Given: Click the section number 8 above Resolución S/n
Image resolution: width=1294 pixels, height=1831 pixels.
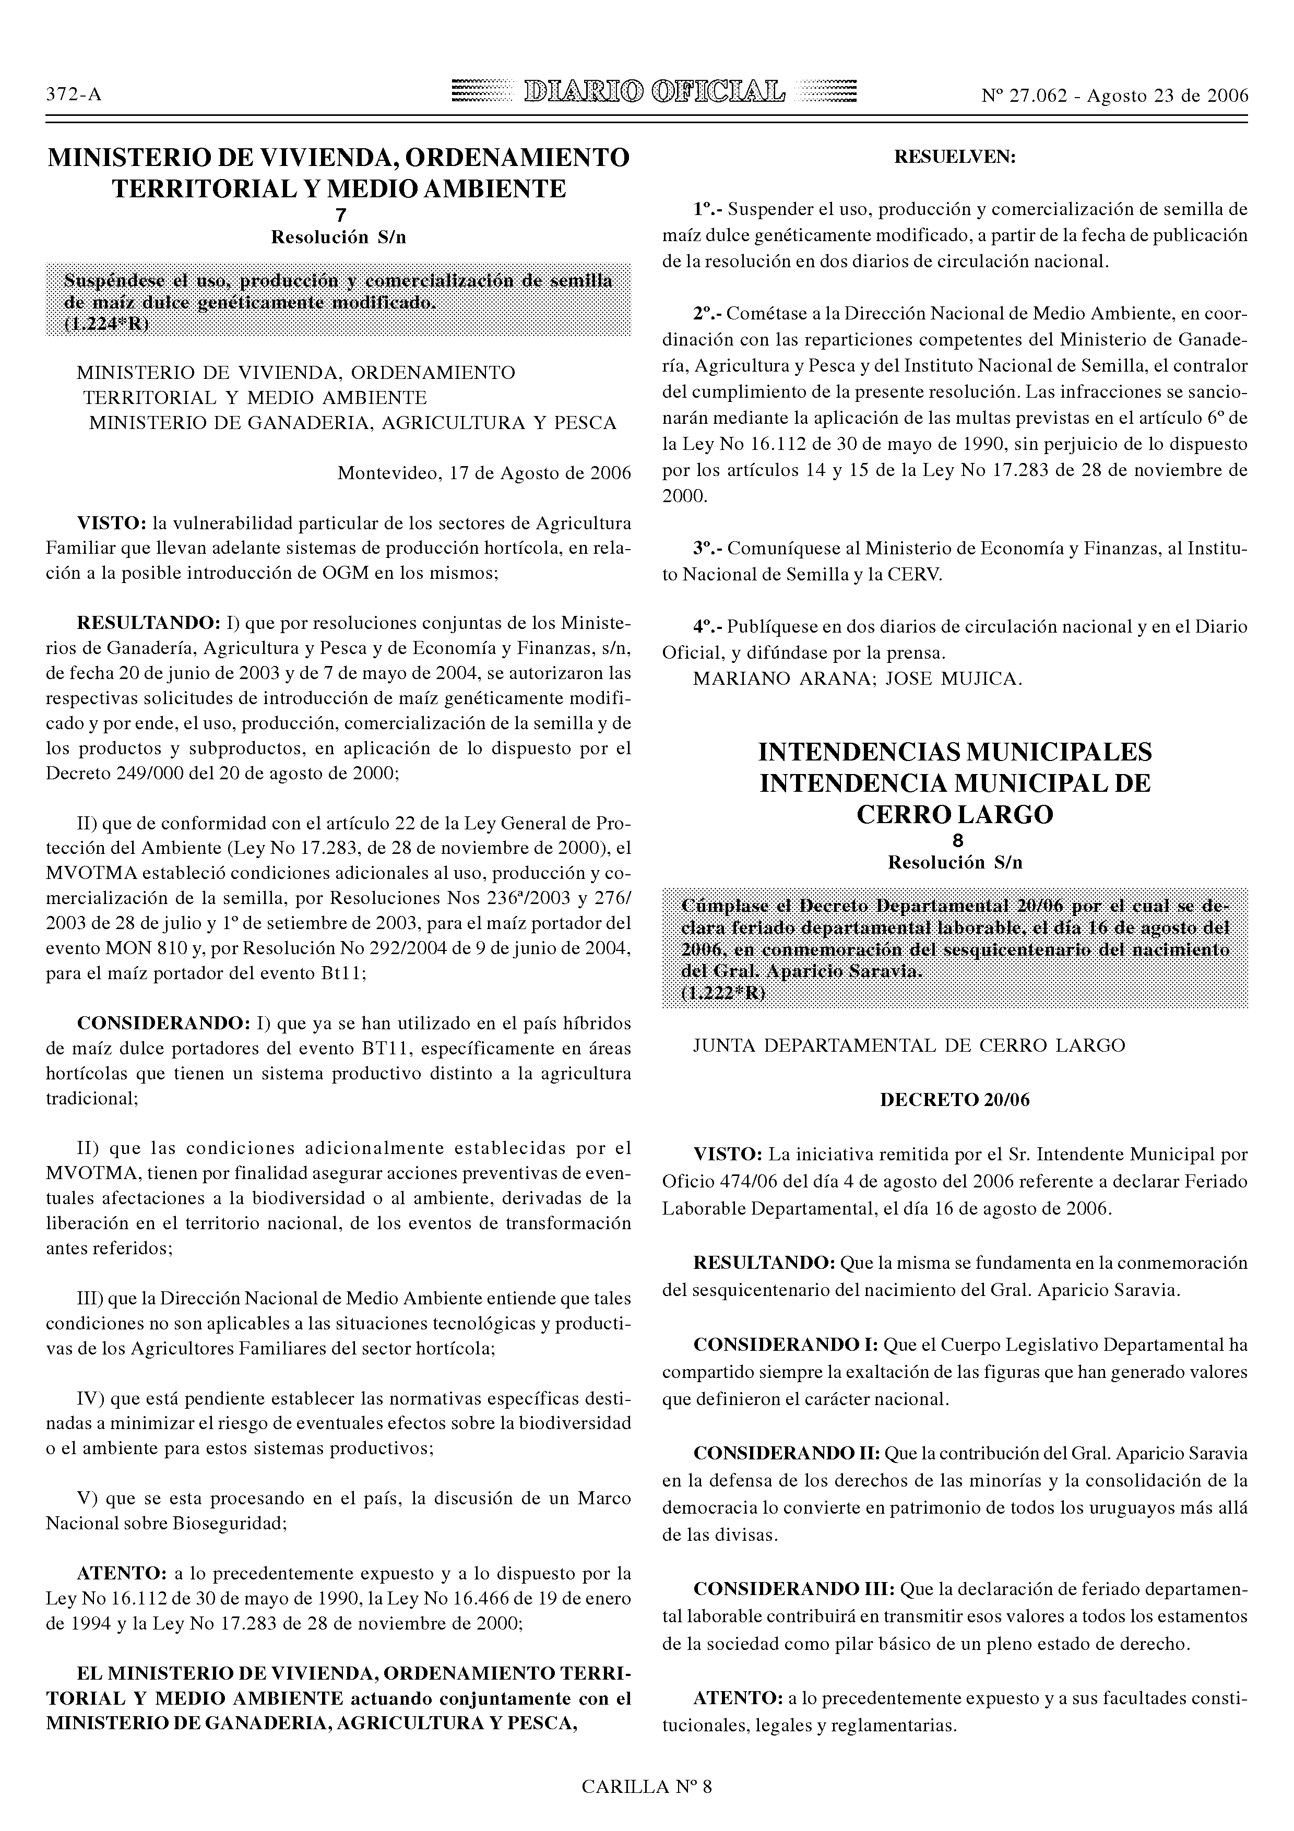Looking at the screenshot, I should point(957,840).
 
